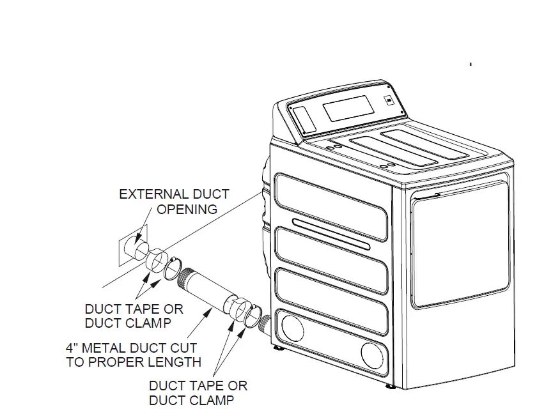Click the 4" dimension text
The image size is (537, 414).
[x=72, y=348]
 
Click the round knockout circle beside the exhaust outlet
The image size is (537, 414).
[x=292, y=329]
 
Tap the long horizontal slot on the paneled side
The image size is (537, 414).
[x=331, y=233]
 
